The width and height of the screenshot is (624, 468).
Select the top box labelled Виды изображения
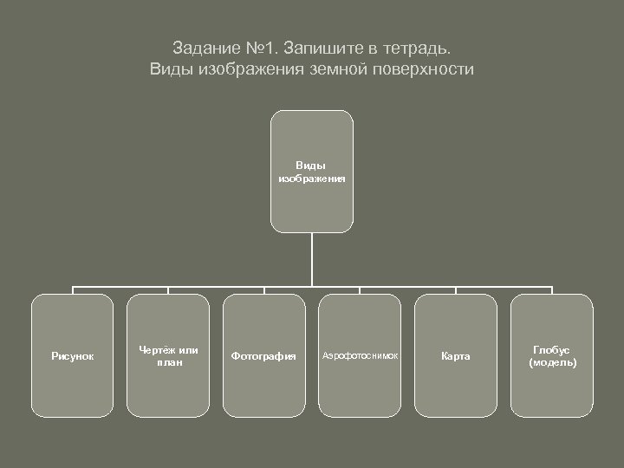click(x=311, y=171)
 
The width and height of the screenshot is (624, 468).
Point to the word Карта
click(x=456, y=356)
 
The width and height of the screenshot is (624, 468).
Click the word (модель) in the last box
click(x=552, y=361)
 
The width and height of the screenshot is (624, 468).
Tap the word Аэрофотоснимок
click(x=360, y=356)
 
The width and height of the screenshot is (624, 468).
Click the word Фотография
click(x=263, y=356)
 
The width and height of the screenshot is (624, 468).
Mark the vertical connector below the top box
click(x=311, y=260)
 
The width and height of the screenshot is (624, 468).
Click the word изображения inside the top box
click(x=311, y=178)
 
